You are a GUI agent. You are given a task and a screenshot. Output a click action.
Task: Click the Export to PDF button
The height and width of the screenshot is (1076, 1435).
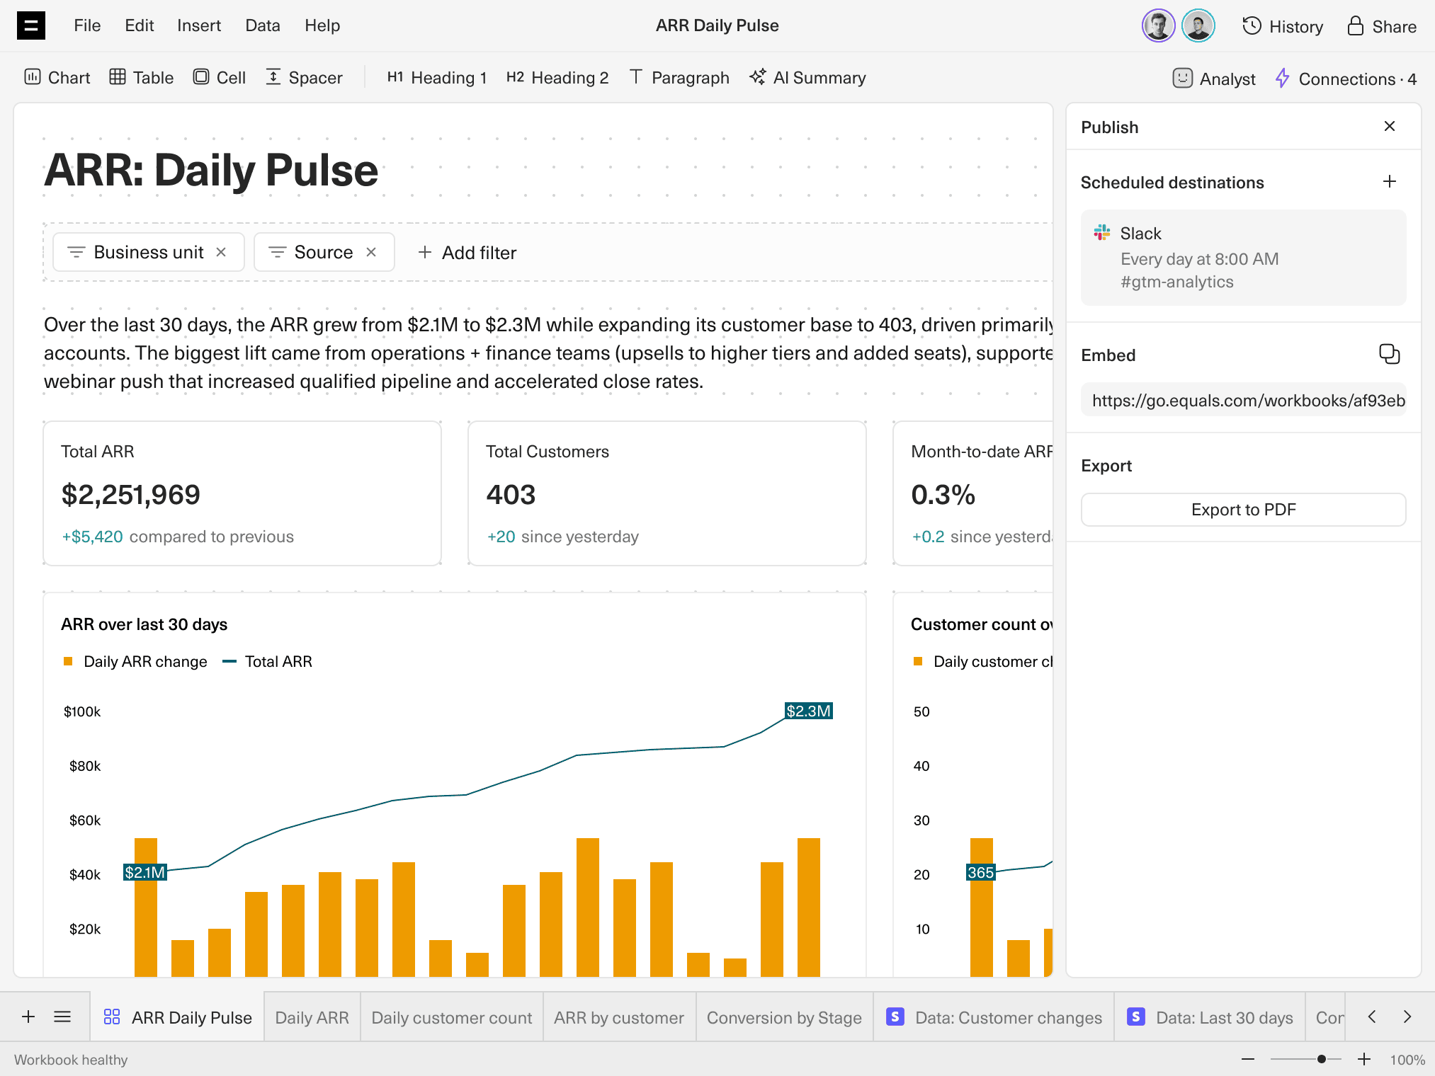(1243, 510)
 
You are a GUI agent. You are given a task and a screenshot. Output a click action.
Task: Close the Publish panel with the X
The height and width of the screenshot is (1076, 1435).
(1389, 126)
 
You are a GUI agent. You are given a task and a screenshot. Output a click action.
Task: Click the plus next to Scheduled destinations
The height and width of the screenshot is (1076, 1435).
(1389, 182)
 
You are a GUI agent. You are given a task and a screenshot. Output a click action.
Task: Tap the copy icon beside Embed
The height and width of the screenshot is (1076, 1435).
(1389, 354)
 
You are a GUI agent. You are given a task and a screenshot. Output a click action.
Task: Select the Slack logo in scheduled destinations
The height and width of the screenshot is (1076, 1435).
(1102, 233)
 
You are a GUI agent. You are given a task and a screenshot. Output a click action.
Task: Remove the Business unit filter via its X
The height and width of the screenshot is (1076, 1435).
(221, 252)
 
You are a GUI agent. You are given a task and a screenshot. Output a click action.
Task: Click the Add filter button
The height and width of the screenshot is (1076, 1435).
(467, 253)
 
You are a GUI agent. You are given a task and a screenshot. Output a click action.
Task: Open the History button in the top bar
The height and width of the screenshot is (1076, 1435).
(1283, 26)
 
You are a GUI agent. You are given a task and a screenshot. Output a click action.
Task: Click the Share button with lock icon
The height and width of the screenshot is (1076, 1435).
(1382, 26)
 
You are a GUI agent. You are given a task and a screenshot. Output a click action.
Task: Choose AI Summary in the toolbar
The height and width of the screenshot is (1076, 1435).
(808, 78)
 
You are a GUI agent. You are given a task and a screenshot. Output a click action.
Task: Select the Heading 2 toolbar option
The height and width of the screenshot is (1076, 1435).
(557, 78)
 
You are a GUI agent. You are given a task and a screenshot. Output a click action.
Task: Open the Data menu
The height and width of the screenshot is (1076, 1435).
(262, 25)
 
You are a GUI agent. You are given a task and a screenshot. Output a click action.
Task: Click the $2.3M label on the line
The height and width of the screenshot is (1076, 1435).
(808, 711)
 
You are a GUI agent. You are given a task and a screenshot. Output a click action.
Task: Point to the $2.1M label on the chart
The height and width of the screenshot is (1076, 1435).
(145, 872)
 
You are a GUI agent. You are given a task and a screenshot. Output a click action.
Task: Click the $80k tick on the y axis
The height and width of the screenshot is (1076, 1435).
(85, 766)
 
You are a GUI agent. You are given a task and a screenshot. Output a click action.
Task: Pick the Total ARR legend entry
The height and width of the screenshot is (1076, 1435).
(278, 661)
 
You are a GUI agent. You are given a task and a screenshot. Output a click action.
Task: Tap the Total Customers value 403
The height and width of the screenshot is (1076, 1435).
(511, 495)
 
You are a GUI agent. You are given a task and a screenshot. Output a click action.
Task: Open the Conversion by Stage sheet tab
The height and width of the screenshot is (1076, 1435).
(783, 1018)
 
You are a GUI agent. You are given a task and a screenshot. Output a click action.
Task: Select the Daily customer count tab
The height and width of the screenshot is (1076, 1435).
(451, 1018)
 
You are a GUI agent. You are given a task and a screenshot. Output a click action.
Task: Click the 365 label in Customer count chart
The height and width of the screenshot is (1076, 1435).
(980, 872)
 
